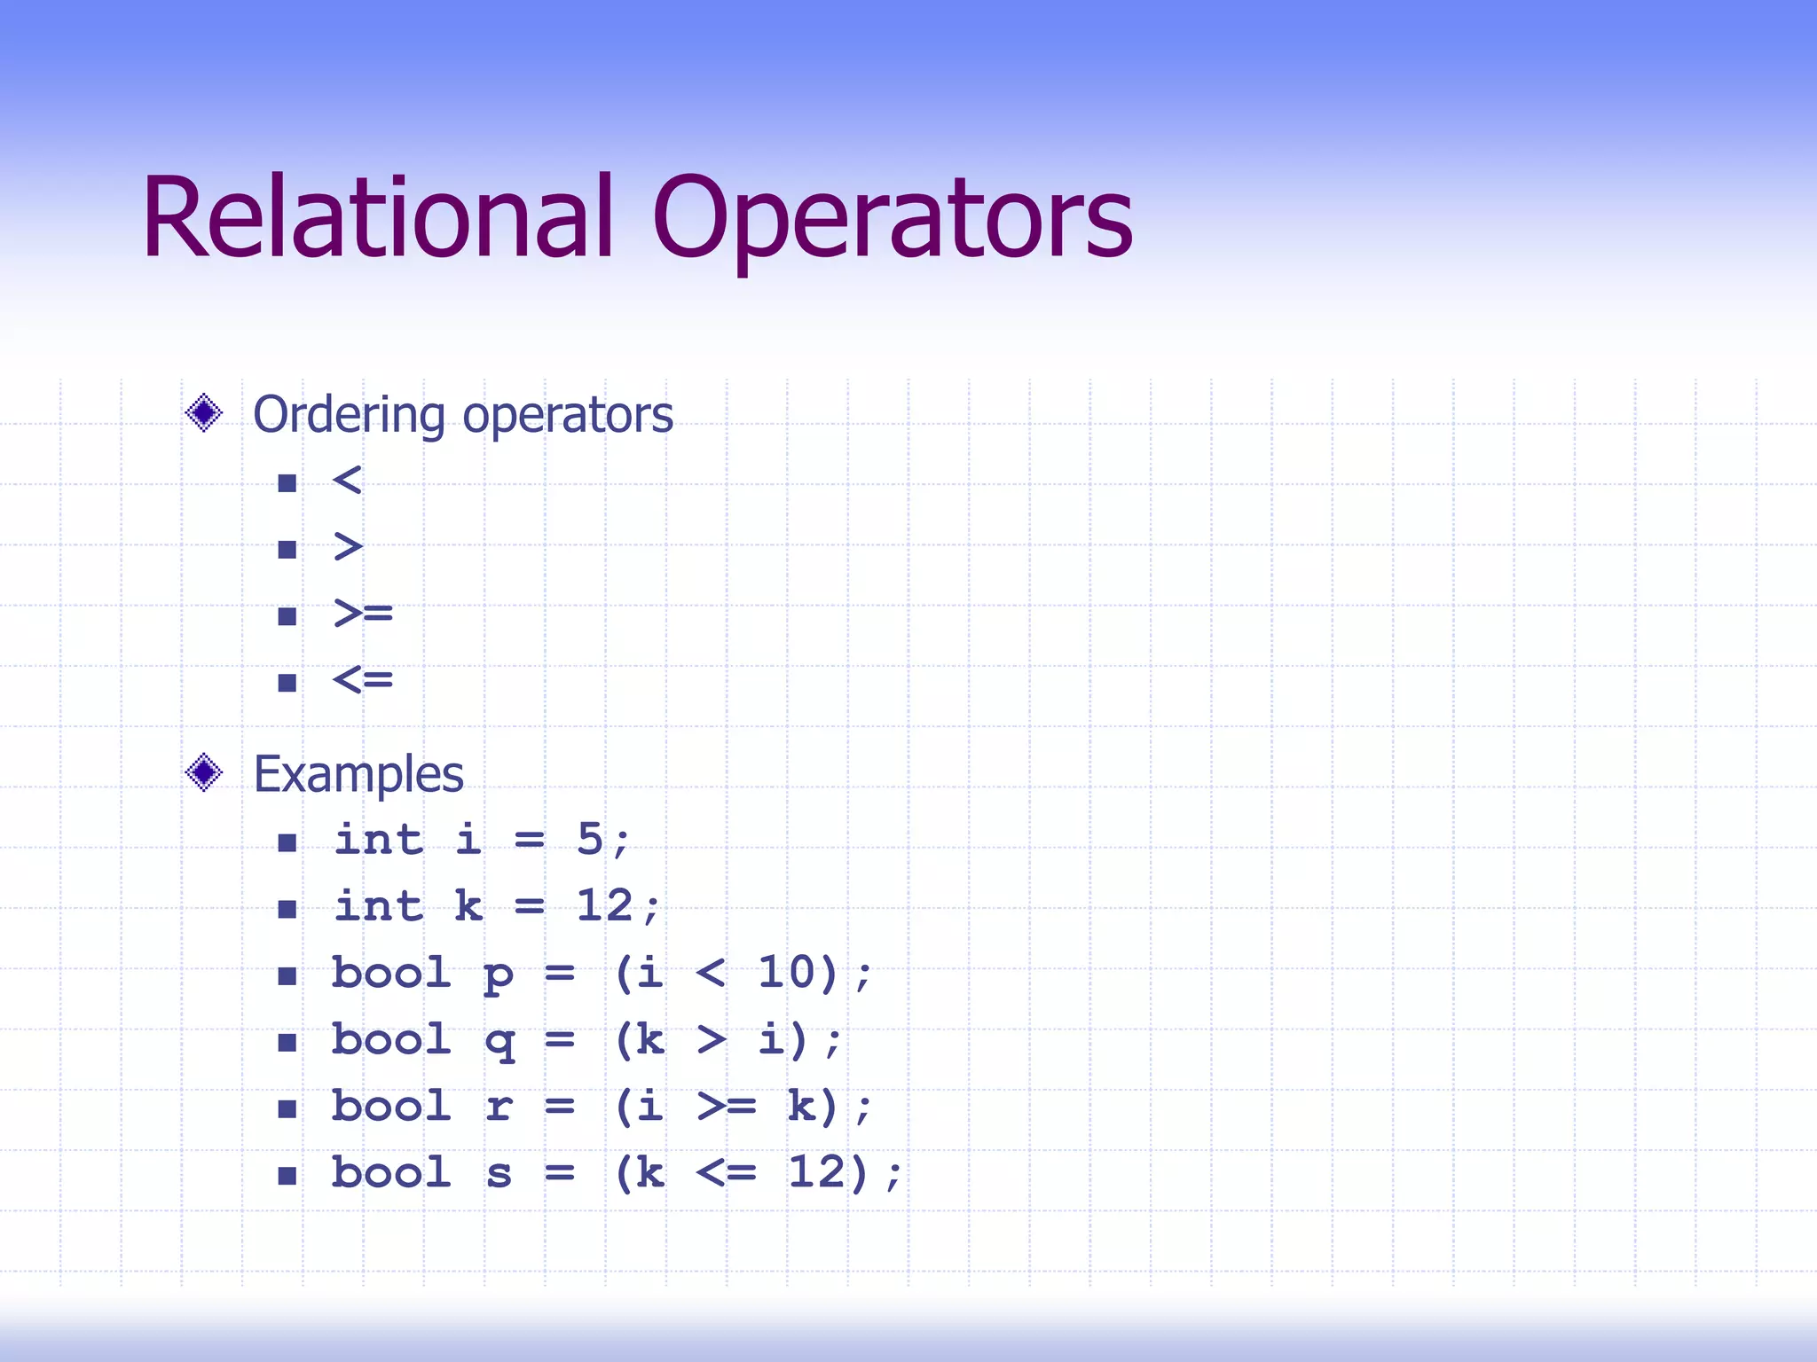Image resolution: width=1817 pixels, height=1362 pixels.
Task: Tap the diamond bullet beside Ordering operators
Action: (204, 413)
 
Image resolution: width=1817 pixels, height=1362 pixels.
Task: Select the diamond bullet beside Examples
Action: (204, 772)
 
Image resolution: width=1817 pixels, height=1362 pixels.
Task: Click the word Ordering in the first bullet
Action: (349, 415)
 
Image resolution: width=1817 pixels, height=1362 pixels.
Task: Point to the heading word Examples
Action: (358, 774)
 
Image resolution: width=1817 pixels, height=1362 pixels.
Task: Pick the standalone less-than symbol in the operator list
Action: (347, 481)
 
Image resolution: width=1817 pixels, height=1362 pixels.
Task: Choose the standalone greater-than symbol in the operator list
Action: (348, 547)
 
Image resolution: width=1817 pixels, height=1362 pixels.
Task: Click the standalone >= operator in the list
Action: (363, 614)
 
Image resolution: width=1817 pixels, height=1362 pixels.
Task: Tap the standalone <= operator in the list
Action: (363, 680)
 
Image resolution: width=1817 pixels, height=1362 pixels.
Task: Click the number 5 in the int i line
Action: (590, 839)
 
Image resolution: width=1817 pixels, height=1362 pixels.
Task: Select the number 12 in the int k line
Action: (605, 906)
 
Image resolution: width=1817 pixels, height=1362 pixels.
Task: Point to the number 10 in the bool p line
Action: (786, 973)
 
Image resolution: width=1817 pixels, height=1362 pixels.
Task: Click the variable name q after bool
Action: (499, 1041)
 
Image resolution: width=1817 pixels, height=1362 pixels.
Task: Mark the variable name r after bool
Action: (499, 1108)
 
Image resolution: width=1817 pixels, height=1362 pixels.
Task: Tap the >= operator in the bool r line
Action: (727, 1107)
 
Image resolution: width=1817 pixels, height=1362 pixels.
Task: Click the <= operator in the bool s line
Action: (727, 1173)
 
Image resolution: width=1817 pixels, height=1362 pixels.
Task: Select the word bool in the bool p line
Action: (391, 973)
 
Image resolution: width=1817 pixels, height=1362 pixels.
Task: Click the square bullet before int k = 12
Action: (287, 909)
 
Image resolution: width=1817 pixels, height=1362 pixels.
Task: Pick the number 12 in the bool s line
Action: (816, 1172)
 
